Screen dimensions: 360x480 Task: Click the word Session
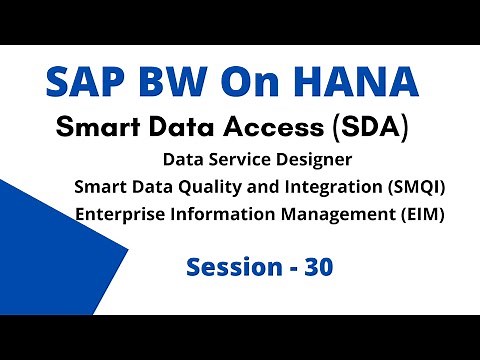click(231, 267)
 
